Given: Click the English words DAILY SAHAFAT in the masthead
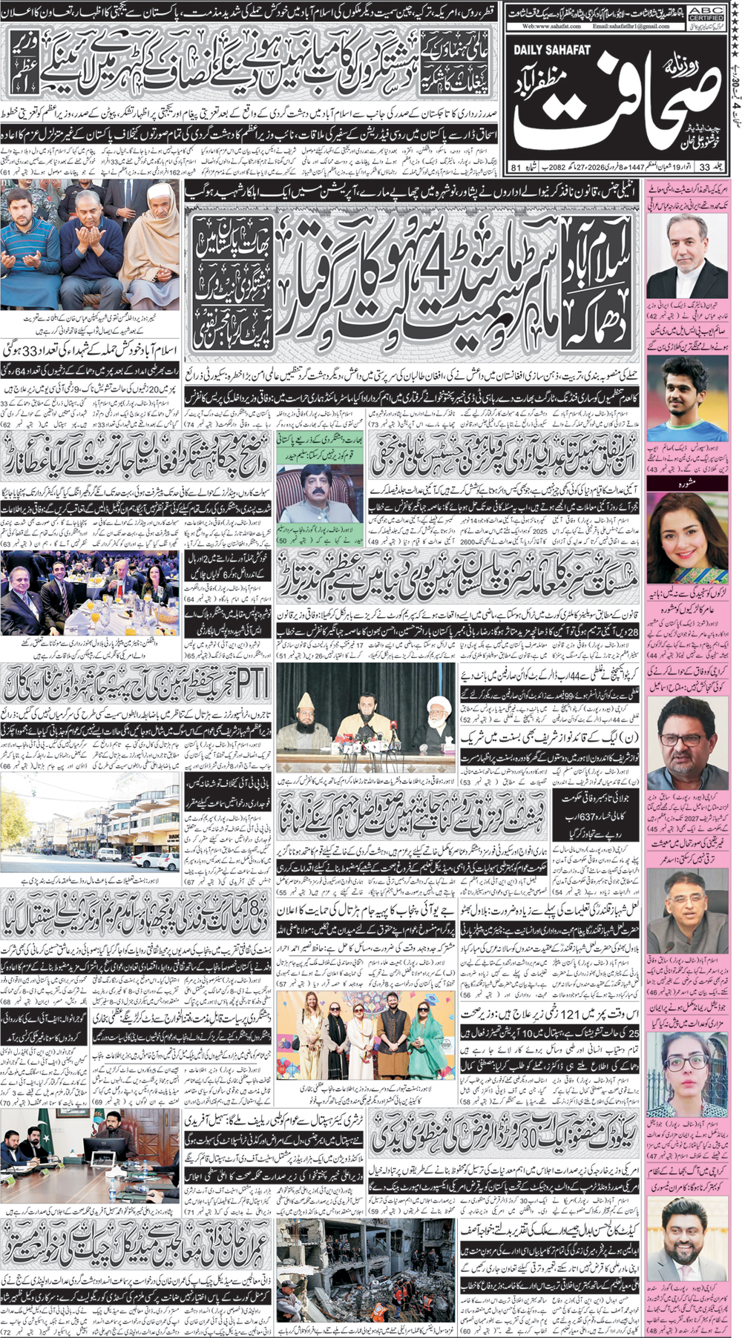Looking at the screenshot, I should pyautogui.click(x=552, y=50).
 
